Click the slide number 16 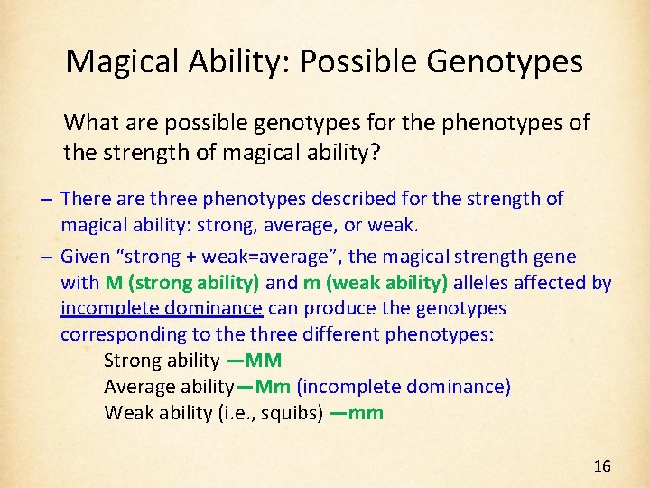pyautogui.click(x=602, y=466)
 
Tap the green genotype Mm pyautogui.click(x=273, y=387)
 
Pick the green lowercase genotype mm pyautogui.click(x=365, y=413)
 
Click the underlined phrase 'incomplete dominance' pyautogui.click(x=162, y=308)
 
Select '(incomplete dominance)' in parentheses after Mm pyautogui.click(x=404, y=387)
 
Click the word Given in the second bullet pyautogui.click(x=85, y=257)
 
